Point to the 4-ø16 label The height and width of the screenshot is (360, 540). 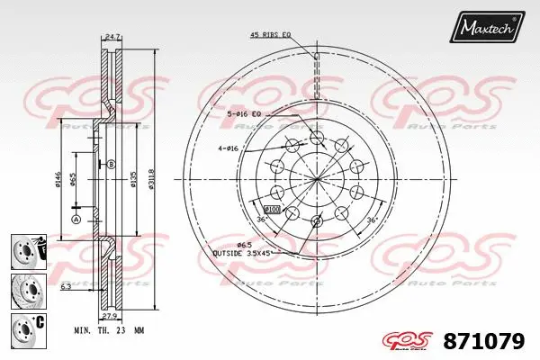(228, 148)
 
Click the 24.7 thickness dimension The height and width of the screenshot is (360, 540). (112, 36)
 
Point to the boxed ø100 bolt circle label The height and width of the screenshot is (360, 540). (274, 209)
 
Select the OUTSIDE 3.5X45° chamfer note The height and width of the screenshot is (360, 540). (243, 254)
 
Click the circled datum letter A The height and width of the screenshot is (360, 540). (76, 220)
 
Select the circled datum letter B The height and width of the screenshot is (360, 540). (111, 164)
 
